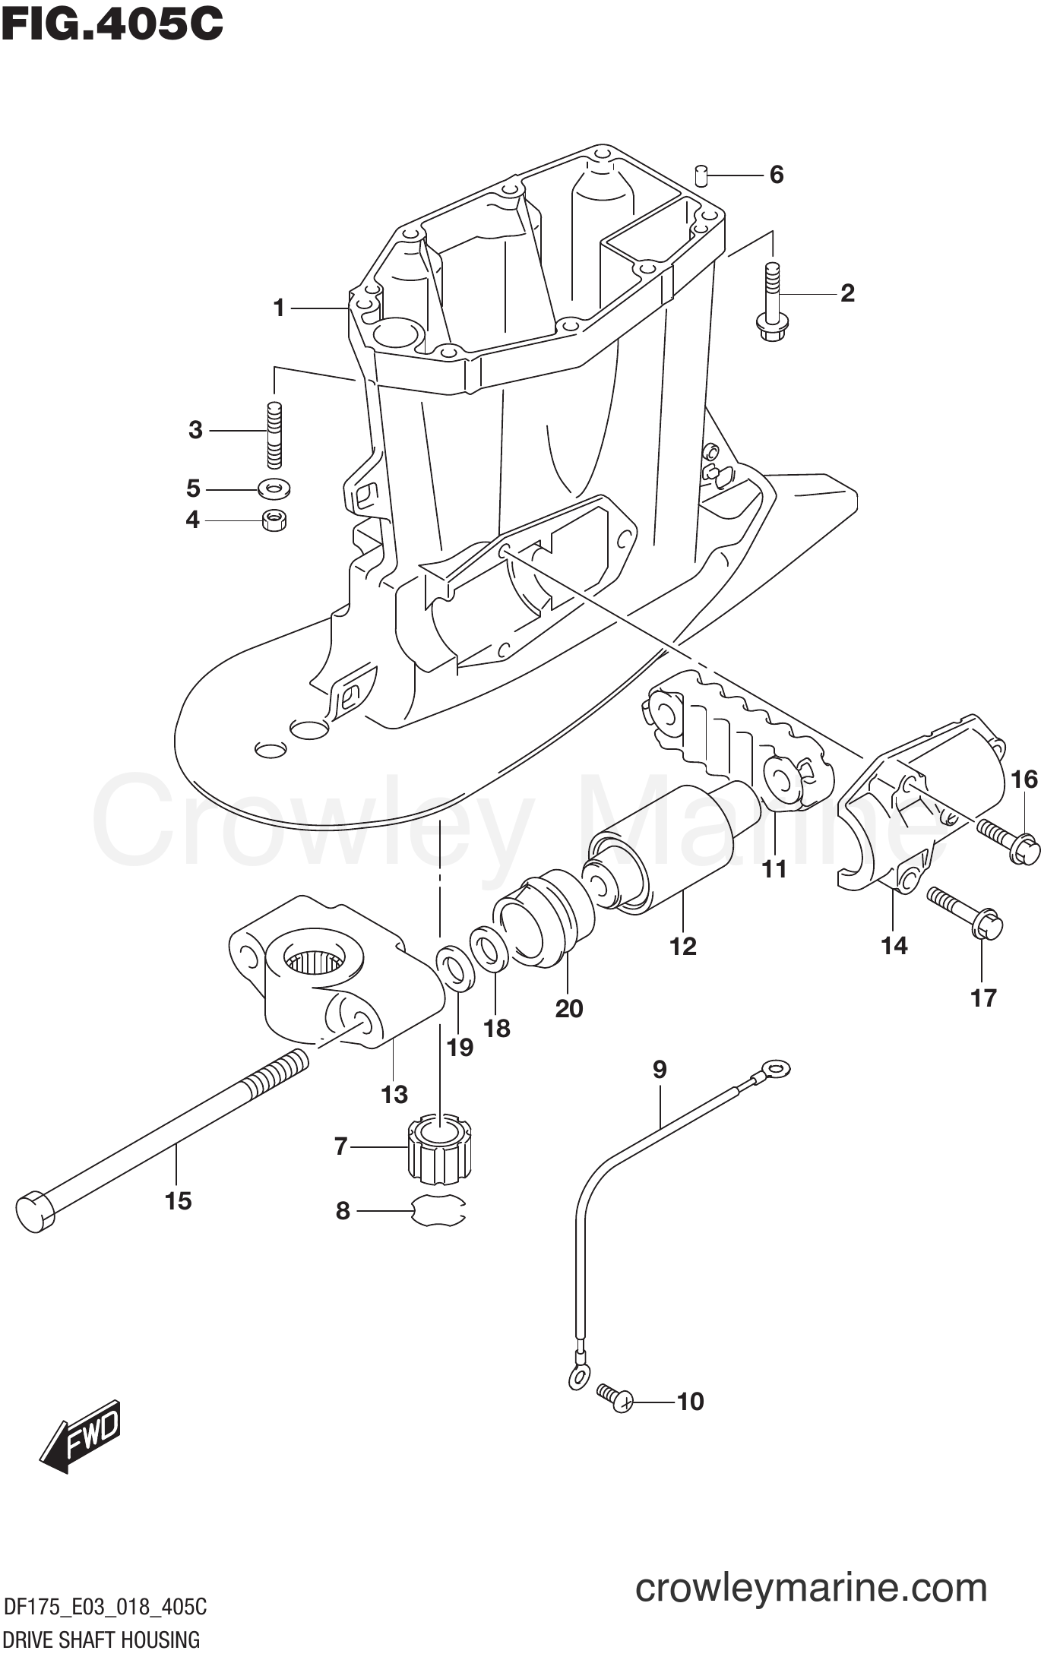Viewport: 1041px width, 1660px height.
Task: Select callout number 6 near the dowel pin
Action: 776,175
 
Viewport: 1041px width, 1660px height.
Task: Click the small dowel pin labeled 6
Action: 701,175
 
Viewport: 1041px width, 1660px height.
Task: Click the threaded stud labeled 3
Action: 274,434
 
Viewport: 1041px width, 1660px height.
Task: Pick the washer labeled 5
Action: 274,488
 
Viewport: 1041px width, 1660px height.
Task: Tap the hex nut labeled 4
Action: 274,520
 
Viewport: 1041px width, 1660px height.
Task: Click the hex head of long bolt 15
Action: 34,1211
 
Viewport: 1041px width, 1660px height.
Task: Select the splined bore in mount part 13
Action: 314,961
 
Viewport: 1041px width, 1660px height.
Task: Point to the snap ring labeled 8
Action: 438,1211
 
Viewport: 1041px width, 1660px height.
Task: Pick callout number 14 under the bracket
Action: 894,945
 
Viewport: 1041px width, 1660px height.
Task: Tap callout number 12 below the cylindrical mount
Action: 682,946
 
